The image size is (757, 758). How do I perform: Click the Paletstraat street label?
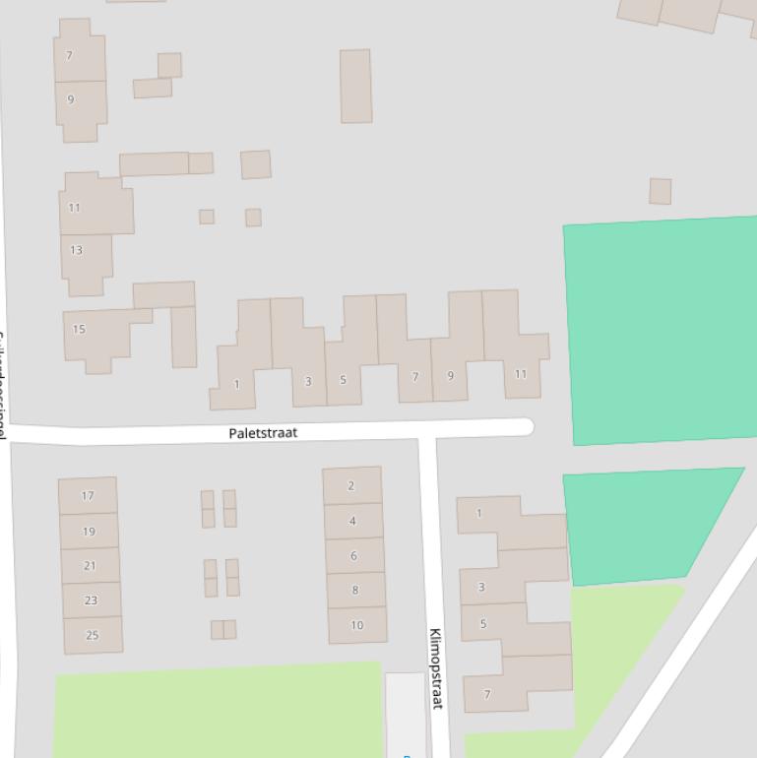(x=263, y=433)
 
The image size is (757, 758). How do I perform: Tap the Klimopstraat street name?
(x=436, y=668)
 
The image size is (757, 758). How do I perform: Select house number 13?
(x=76, y=250)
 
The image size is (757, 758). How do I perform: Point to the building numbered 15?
(x=79, y=329)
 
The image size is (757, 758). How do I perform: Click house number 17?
(x=88, y=496)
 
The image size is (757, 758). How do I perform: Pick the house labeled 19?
(x=89, y=532)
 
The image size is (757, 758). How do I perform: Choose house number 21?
(x=90, y=566)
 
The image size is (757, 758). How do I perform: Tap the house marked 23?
(x=91, y=600)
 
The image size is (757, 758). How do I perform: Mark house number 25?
(x=93, y=635)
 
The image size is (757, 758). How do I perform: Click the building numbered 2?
(x=351, y=485)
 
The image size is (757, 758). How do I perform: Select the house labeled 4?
(x=352, y=521)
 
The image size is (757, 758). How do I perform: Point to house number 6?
(x=353, y=555)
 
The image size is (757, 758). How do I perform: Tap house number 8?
(x=354, y=590)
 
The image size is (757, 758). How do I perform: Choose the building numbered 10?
(x=356, y=625)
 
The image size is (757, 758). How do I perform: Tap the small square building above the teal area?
(x=660, y=191)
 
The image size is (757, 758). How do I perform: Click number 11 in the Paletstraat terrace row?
(x=521, y=374)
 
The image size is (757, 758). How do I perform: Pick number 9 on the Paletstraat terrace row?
(x=451, y=376)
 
